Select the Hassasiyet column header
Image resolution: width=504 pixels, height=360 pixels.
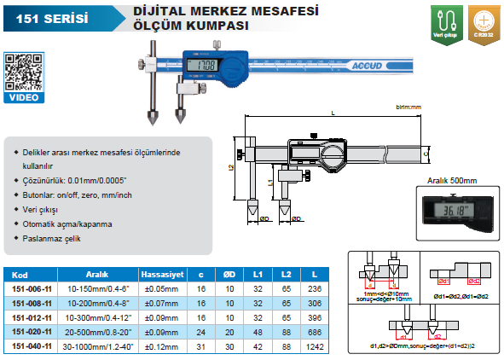162,276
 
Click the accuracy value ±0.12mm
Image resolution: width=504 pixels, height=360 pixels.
161,347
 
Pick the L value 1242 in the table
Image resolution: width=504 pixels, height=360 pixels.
316,347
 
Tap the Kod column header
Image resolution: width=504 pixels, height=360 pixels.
23,276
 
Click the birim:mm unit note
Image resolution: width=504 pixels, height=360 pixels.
410,107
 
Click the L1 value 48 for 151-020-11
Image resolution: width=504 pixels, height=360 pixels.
257,333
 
